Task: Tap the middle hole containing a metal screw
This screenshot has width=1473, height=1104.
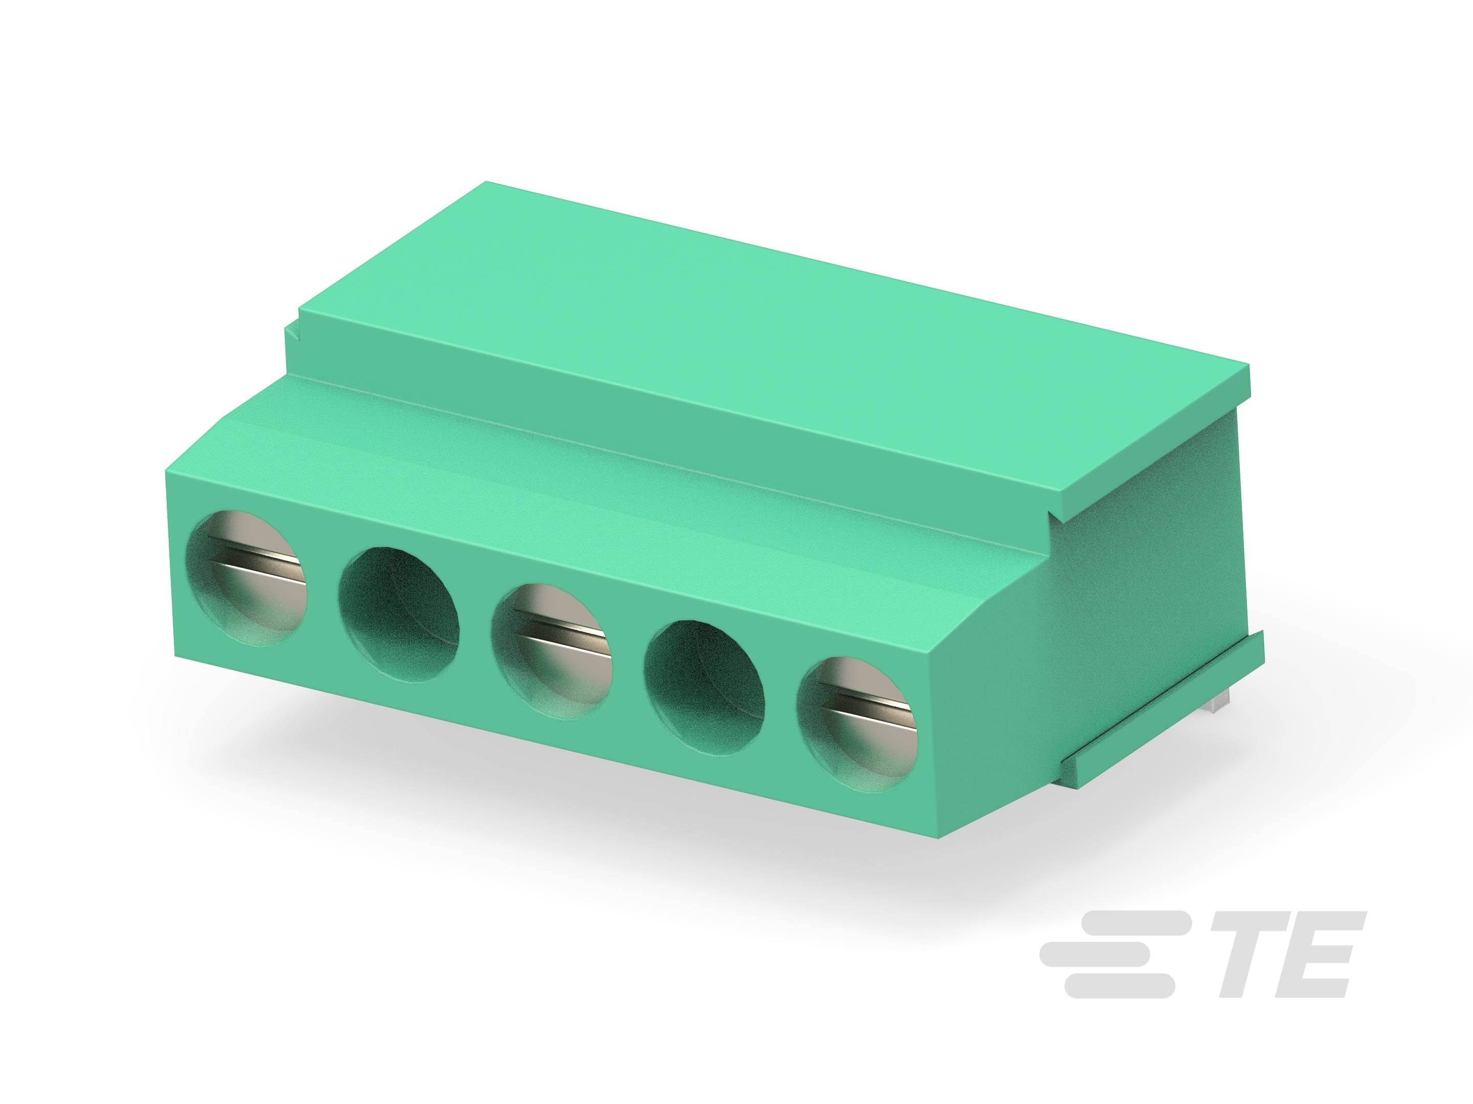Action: tap(552, 651)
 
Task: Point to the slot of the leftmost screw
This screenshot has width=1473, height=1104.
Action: tap(256, 558)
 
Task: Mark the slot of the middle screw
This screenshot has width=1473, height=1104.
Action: tap(563, 632)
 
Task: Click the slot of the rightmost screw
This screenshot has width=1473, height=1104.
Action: tap(869, 705)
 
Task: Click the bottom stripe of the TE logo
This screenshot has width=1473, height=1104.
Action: tap(1119, 986)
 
